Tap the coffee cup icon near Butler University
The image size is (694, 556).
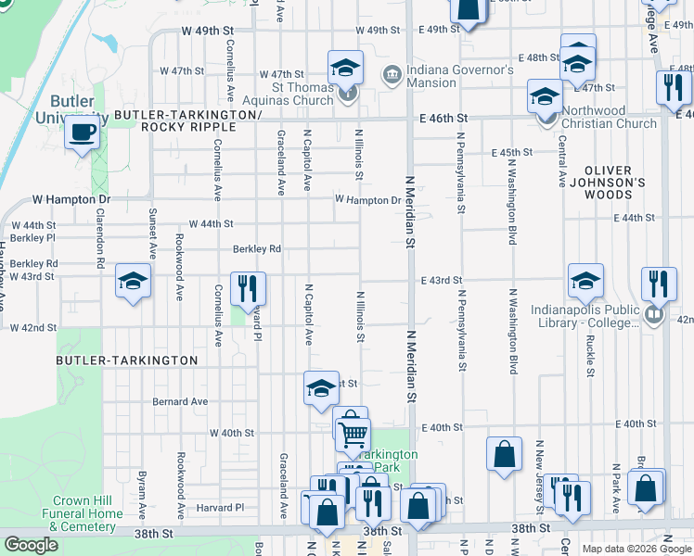pos(83,132)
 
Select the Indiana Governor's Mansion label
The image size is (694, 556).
pos(458,76)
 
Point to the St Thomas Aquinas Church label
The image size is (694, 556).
pos(288,95)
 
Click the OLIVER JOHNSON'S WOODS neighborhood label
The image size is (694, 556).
pos(608,183)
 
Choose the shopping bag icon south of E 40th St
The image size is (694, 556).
pos(504,455)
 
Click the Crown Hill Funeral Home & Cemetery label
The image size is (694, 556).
pos(84,513)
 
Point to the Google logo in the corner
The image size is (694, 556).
pos(31,545)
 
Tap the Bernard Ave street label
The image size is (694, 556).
pos(181,401)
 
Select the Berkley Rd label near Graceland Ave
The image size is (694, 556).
pos(256,248)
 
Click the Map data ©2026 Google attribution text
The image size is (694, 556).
pos(636,549)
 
